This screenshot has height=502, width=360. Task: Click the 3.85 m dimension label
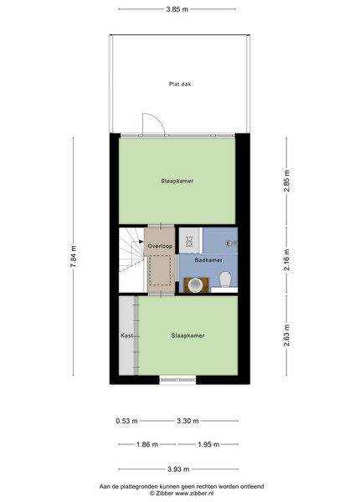[x=177, y=9]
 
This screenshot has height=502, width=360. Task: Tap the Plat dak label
[x=180, y=85]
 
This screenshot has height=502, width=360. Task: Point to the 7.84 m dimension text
[x=74, y=256]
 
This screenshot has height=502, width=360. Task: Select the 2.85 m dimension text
[x=286, y=181]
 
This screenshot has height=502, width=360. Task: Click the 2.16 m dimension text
[x=286, y=260]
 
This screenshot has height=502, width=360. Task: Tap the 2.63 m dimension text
[x=286, y=336]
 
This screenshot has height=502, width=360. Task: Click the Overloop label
[x=160, y=246]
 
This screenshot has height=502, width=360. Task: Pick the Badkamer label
[x=208, y=260]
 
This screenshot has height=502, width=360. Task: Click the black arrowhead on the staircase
[x=141, y=242]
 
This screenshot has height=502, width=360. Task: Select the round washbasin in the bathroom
[x=195, y=285]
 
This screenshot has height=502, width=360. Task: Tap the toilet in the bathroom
[x=225, y=279]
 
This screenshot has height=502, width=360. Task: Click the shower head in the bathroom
[x=229, y=243]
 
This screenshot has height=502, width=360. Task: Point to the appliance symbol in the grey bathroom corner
[x=189, y=242]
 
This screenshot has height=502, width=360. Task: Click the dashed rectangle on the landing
[x=160, y=270]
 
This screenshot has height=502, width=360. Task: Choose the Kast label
[x=126, y=336]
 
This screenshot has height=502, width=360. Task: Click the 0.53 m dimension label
[x=126, y=421]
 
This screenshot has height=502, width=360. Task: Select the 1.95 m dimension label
[x=208, y=444]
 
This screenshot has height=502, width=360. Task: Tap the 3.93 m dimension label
[x=178, y=469]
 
